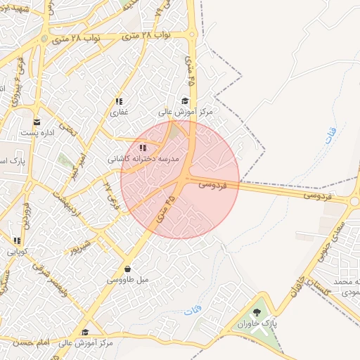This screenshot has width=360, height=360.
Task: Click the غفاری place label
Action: pyautogui.click(x=118, y=112)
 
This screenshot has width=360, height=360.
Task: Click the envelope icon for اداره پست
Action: pyautogui.click(x=37, y=122)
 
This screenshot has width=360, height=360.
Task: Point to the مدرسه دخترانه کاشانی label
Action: pyautogui.click(x=143, y=159)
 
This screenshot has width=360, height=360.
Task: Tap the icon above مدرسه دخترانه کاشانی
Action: pyautogui.click(x=143, y=148)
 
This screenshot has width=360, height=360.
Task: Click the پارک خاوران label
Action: pyautogui.click(x=257, y=324)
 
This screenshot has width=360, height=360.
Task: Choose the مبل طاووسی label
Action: pyautogui.click(x=127, y=280)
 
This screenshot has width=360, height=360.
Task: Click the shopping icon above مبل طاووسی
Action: pyautogui.click(x=127, y=269)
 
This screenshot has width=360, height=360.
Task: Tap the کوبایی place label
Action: pyautogui.click(x=17, y=251)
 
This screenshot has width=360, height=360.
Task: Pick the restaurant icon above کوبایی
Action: pyautogui.click(x=17, y=240)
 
